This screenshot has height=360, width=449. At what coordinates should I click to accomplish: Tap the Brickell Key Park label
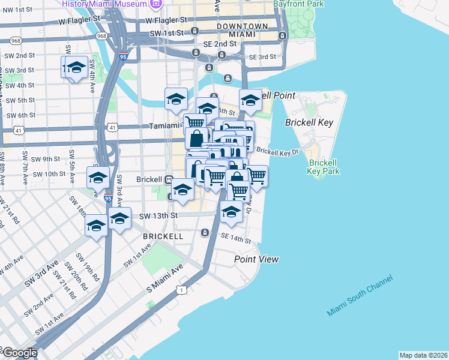(x=324, y=166)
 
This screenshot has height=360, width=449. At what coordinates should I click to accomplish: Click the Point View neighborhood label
(x=256, y=259)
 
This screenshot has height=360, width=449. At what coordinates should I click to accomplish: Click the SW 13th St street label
(x=158, y=215)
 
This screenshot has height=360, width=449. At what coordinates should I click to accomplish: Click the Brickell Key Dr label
(x=277, y=151)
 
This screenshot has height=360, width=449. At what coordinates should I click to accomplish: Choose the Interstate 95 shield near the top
(x=123, y=57)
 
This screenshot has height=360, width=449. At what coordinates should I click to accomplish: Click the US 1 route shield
(x=181, y=290)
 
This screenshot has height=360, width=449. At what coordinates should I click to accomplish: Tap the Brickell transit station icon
(x=170, y=179)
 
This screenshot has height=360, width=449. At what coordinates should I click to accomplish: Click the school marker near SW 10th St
(x=98, y=177)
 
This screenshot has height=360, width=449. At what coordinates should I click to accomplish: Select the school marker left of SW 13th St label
(x=119, y=218)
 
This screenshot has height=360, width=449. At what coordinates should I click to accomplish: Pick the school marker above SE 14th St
(x=231, y=211)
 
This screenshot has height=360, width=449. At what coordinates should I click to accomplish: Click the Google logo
(x=19, y=353)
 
